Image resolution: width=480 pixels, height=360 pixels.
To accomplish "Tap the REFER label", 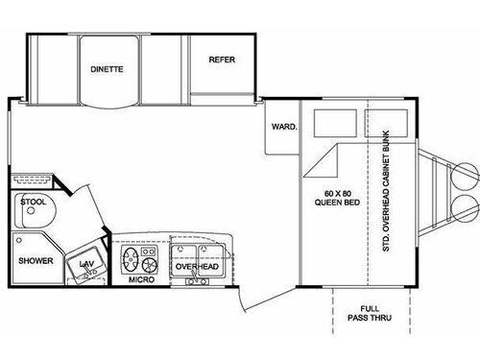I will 222,60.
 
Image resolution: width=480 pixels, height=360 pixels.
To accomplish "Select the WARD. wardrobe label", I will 284,126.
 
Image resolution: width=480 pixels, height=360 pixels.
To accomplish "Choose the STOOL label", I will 32,202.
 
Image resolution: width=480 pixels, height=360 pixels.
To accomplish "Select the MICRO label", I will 143,281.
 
